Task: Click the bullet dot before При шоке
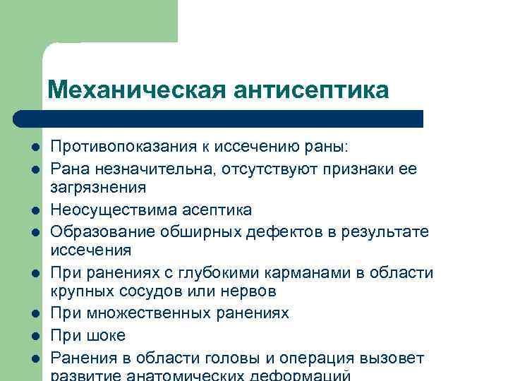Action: tap(34, 335)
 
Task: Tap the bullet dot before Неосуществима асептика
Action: tap(34, 210)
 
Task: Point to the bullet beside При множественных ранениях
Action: tap(34, 313)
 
